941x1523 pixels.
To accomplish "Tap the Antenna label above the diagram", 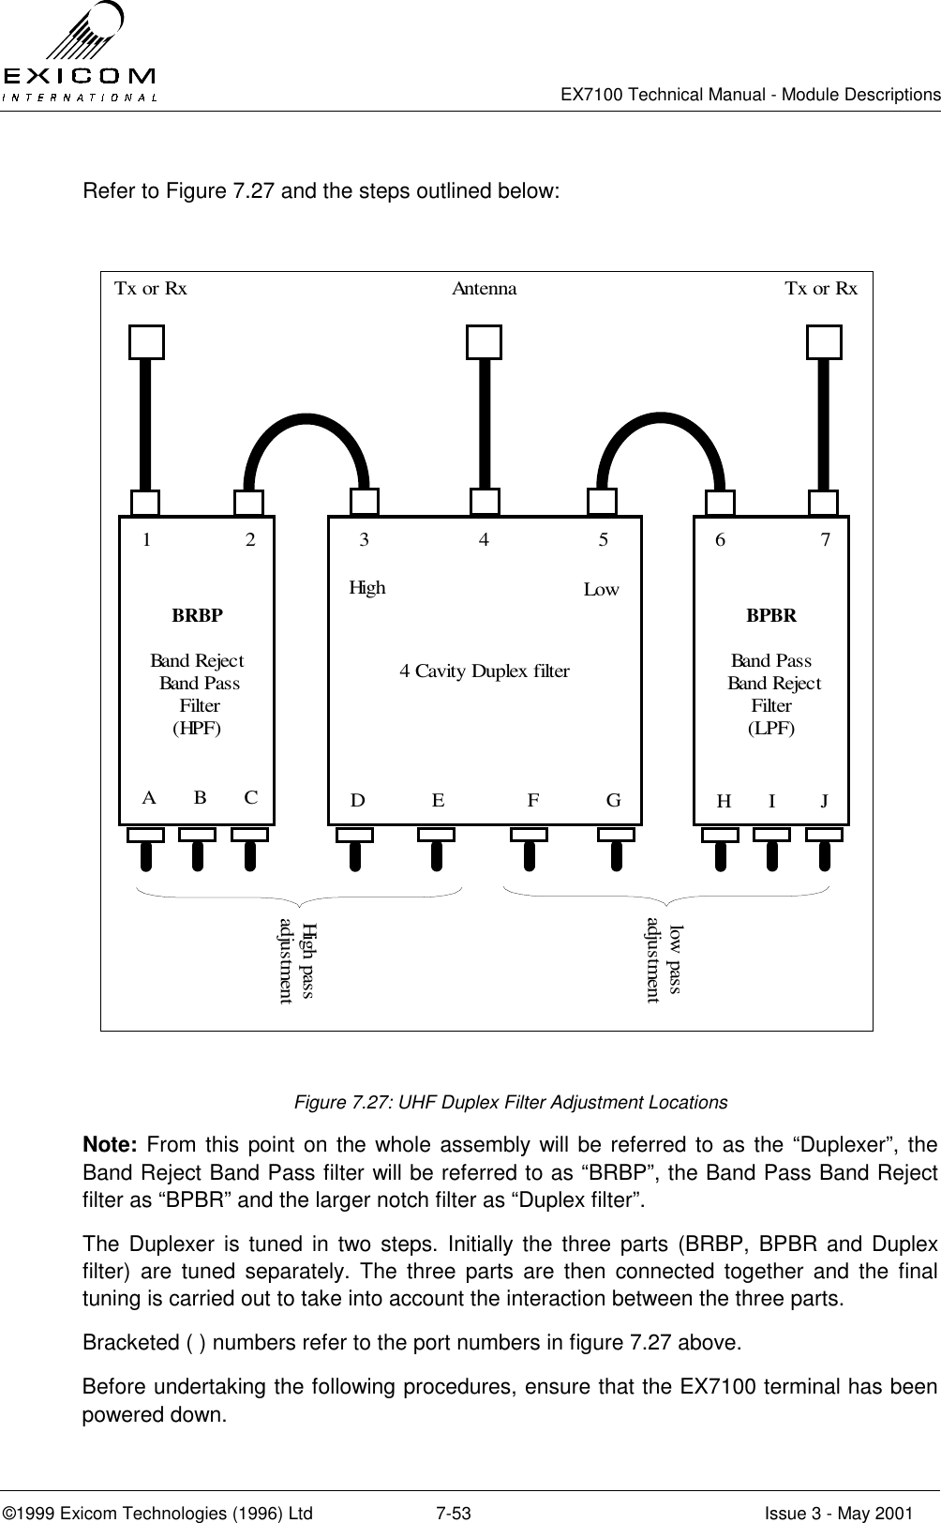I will [x=484, y=289].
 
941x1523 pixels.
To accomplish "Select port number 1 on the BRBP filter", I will [x=147, y=540].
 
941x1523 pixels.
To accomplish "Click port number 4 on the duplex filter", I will [x=484, y=540].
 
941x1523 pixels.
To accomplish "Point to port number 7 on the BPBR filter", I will [x=825, y=540].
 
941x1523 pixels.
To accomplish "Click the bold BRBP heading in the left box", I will [x=198, y=616].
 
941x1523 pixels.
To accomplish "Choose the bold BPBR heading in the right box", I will [x=771, y=616].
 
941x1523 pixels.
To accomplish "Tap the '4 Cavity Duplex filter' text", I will [x=485, y=671].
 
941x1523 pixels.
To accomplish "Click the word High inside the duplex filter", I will [x=367, y=588].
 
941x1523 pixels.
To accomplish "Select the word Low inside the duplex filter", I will [x=602, y=590].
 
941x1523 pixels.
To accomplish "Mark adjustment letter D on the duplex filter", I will [x=357, y=801].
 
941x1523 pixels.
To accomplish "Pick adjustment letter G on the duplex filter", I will [x=614, y=801].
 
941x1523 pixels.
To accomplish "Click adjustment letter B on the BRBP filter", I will [x=200, y=799].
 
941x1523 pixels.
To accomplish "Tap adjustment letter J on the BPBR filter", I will [x=824, y=801].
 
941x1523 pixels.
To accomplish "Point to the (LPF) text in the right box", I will [x=771, y=729].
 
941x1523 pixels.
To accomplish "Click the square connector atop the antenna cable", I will [x=484, y=341].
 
